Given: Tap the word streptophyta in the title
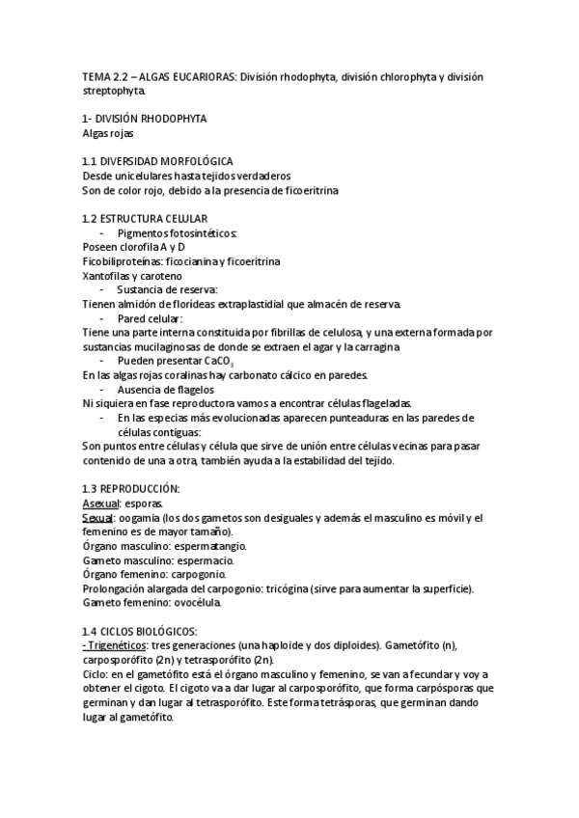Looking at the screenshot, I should click(115, 92).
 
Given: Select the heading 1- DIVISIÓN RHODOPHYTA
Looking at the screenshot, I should click(145, 118).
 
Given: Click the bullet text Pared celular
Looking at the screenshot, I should click(150, 318).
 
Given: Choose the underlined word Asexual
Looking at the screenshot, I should click(100, 504).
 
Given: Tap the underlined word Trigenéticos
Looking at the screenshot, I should click(120, 645).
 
